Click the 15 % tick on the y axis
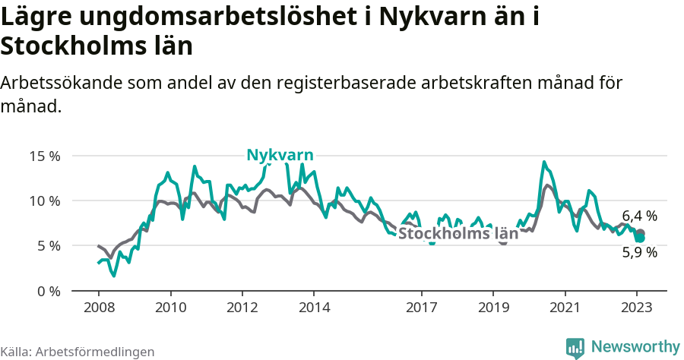coord(44,156)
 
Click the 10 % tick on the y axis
coord(44,201)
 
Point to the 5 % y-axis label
coord(47,246)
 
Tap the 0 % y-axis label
coord(47,291)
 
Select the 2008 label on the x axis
coord(99,308)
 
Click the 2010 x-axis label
coord(170,308)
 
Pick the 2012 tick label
coord(242,308)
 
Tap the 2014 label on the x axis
coord(314,308)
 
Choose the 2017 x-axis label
coord(421,308)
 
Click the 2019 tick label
coord(493,308)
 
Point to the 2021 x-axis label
coord(565,308)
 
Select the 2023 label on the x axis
coord(636,308)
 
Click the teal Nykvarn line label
coord(280,155)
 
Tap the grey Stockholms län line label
coord(458,234)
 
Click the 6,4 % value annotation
coord(639,216)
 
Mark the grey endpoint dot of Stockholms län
coord(641,233)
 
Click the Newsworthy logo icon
coord(575,347)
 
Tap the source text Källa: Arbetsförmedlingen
coord(78,352)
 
